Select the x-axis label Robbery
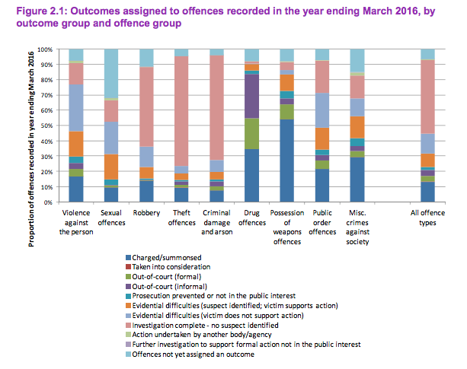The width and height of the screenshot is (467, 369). click(x=146, y=212)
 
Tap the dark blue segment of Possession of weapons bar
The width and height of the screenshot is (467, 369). click(x=286, y=160)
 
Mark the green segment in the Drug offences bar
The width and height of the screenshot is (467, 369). click(x=251, y=133)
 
